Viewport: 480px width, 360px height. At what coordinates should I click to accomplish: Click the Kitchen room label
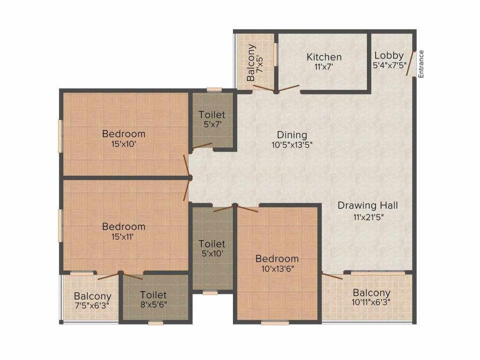click(324, 57)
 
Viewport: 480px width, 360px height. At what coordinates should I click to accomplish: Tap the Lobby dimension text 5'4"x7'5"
click(390, 65)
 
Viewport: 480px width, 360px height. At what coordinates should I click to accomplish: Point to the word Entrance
click(421, 64)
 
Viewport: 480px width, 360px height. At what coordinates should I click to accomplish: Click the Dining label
click(292, 135)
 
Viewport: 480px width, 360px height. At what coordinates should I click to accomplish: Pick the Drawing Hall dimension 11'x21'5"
click(368, 217)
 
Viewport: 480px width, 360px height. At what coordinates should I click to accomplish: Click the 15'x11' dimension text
click(122, 237)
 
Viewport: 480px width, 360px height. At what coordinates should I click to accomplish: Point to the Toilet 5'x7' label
click(212, 119)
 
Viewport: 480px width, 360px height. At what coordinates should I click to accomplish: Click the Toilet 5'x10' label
click(212, 248)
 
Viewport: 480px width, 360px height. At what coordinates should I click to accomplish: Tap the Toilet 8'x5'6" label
click(153, 299)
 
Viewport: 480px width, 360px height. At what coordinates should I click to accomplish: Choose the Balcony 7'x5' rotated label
click(255, 63)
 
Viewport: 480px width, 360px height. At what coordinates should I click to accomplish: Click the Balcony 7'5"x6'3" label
click(92, 300)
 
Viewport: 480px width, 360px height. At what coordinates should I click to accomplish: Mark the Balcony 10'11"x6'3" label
click(371, 297)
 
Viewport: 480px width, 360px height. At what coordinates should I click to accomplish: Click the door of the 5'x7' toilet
click(202, 146)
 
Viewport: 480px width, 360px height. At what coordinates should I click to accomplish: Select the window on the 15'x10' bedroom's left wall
click(60, 136)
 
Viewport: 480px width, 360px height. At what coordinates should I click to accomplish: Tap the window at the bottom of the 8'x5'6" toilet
click(156, 322)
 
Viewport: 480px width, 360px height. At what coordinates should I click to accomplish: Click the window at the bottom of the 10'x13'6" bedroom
click(275, 322)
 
